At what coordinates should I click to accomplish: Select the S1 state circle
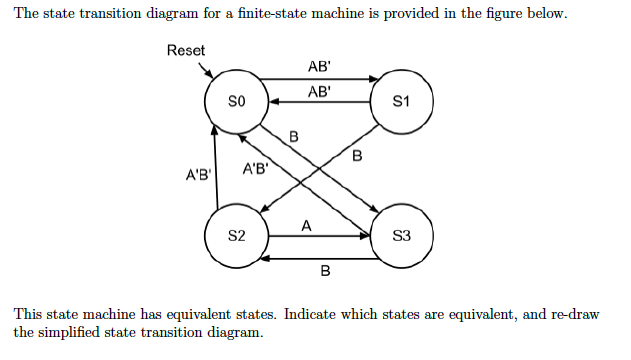tap(401, 101)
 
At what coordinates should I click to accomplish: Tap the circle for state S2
tap(236, 237)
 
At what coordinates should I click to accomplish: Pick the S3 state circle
tap(401, 237)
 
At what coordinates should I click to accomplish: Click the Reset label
tap(186, 50)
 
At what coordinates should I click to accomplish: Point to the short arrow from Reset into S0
tap(207, 71)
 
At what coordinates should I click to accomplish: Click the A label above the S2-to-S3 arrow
tap(306, 226)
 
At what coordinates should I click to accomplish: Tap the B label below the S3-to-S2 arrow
tap(325, 271)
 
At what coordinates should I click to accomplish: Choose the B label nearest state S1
tap(357, 155)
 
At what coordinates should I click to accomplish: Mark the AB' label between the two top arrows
tap(320, 91)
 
